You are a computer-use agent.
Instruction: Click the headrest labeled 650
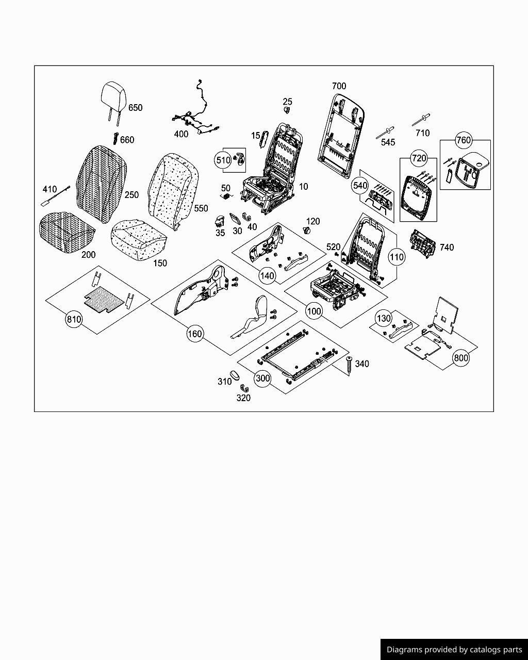pyautogui.click(x=113, y=96)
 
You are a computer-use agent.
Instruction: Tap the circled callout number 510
pyautogui.click(x=223, y=160)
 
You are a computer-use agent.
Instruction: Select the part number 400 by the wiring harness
pyautogui.click(x=181, y=134)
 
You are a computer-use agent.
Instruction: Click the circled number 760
pyautogui.click(x=464, y=140)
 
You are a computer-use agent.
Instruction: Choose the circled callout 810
pyautogui.click(x=74, y=320)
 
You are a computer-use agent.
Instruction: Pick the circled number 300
pyautogui.click(x=263, y=378)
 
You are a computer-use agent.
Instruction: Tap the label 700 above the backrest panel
pyautogui.click(x=339, y=86)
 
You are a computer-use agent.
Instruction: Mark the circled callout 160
pyautogui.click(x=194, y=334)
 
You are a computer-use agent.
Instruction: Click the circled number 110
pyautogui.click(x=397, y=257)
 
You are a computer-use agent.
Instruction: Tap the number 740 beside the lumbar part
pyautogui.click(x=447, y=247)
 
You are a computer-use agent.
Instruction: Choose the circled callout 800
pyautogui.click(x=460, y=358)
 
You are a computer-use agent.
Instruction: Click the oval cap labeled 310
pyautogui.click(x=234, y=374)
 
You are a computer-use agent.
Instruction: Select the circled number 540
pyautogui.click(x=360, y=185)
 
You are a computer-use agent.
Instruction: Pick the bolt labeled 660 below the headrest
pyautogui.click(x=116, y=138)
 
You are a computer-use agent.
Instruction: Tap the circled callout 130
pyautogui.click(x=384, y=318)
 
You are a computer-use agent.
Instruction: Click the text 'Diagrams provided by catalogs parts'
pyautogui.click(x=454, y=650)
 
